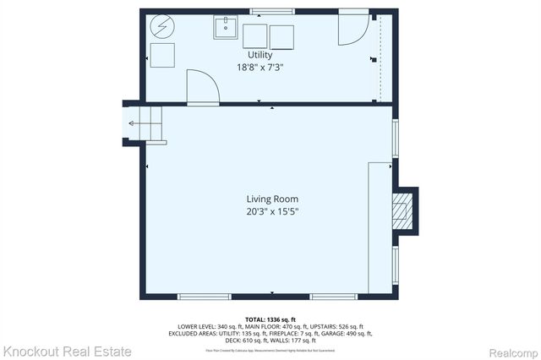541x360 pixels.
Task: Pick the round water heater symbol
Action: pos(161,27)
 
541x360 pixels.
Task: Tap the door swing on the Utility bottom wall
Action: pos(203,87)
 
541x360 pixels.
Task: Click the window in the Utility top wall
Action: pos(266,9)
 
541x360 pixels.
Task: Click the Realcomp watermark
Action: pos(512,350)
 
